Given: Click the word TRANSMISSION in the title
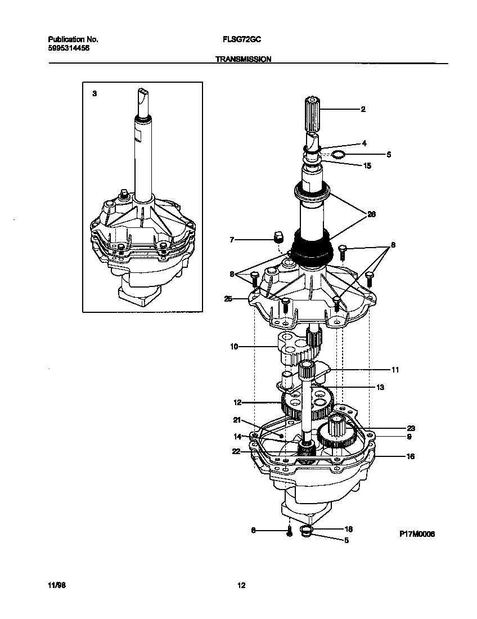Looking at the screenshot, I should (x=244, y=59).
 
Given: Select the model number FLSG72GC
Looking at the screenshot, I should (x=241, y=40).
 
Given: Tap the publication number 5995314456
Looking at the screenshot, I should (x=69, y=48).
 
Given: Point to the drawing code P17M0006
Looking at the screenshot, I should (x=417, y=534).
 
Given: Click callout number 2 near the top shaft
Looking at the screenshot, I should (x=363, y=109).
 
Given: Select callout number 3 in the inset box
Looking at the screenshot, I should (x=94, y=93).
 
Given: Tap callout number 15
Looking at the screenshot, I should (x=367, y=166).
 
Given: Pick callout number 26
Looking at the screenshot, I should (x=371, y=214).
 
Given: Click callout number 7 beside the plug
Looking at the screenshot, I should (x=231, y=240).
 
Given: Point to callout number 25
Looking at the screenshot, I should (x=228, y=298).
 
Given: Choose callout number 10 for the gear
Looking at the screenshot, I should (x=234, y=347).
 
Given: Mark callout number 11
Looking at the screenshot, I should (x=395, y=370).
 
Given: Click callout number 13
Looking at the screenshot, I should (x=380, y=387).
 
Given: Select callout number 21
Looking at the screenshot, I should (x=237, y=420).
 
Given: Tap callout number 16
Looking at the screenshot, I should (x=410, y=456).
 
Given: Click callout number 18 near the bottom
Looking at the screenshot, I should (x=348, y=530).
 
